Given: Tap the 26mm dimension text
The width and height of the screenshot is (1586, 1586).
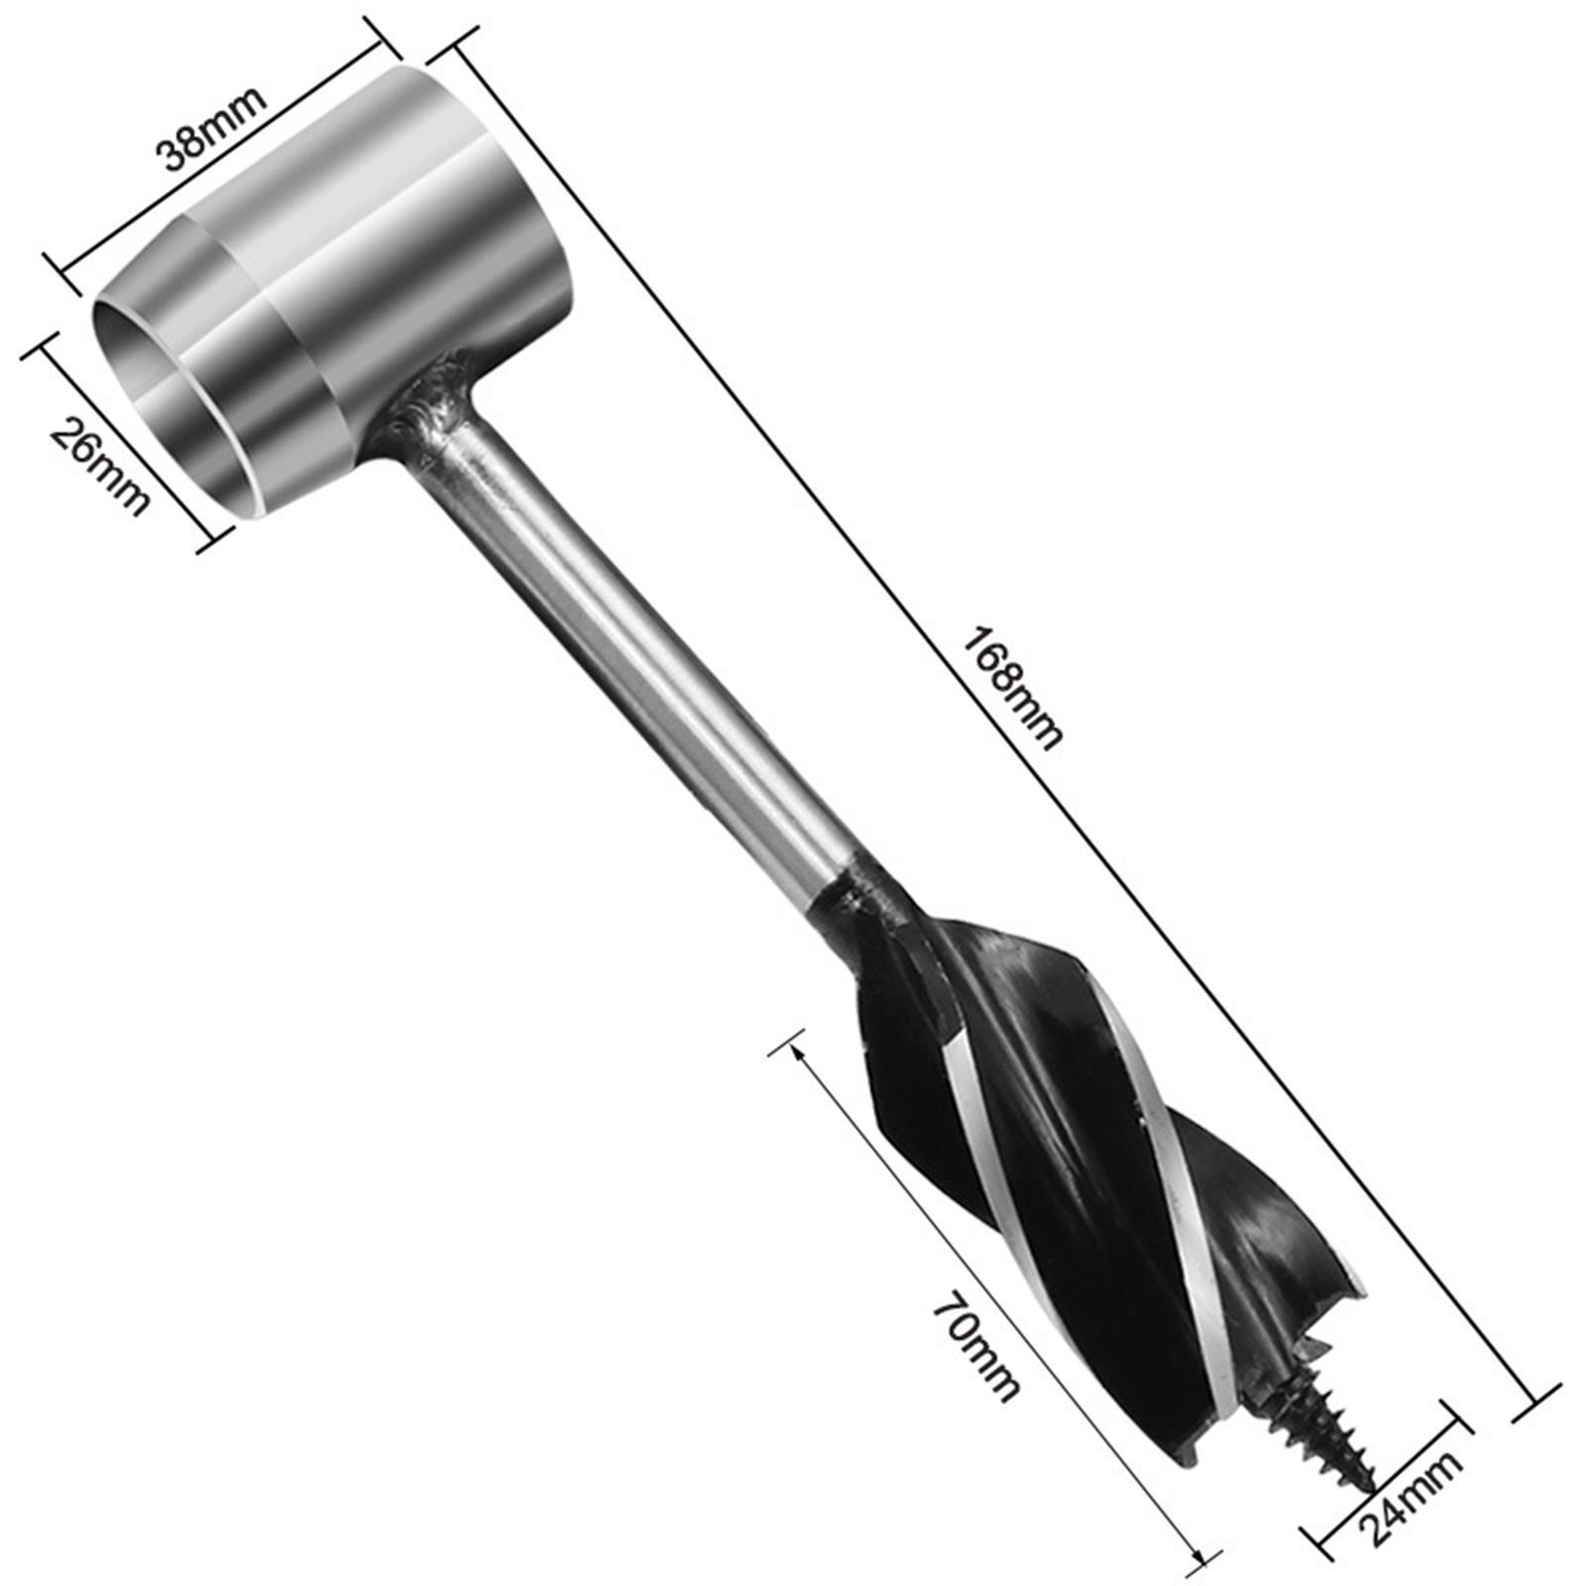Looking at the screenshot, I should point(99,466).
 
